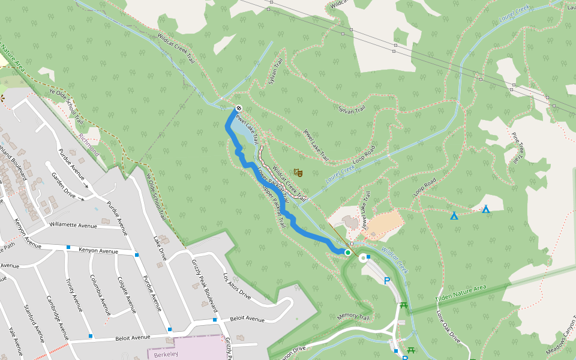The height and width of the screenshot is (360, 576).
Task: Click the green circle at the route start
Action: [347, 253]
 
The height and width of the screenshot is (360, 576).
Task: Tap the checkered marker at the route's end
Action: [238, 108]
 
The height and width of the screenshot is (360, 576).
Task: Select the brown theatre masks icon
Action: [298, 173]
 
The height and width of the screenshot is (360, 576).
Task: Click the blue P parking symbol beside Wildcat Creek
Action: [387, 280]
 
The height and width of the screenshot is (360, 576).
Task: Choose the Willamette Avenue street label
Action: [73, 226]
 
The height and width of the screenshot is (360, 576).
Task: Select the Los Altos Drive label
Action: [237, 286]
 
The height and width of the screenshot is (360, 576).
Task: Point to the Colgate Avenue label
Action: [126, 295]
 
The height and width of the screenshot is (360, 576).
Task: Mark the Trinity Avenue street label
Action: [74, 293]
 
